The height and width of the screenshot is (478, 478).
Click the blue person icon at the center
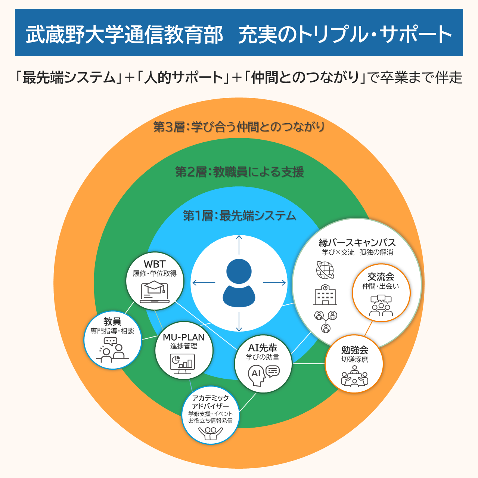239,283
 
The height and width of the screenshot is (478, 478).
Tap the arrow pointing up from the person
239,245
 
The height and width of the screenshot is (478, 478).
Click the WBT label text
155,264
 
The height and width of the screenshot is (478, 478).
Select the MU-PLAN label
184,337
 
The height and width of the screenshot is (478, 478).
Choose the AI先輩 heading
263,348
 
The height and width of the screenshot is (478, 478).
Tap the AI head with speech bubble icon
263,375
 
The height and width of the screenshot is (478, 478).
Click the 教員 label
112,321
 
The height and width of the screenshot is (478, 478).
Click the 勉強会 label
354,350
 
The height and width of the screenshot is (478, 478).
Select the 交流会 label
381,277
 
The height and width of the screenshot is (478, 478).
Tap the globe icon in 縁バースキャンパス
325,270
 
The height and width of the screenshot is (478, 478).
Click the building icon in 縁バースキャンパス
325,295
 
